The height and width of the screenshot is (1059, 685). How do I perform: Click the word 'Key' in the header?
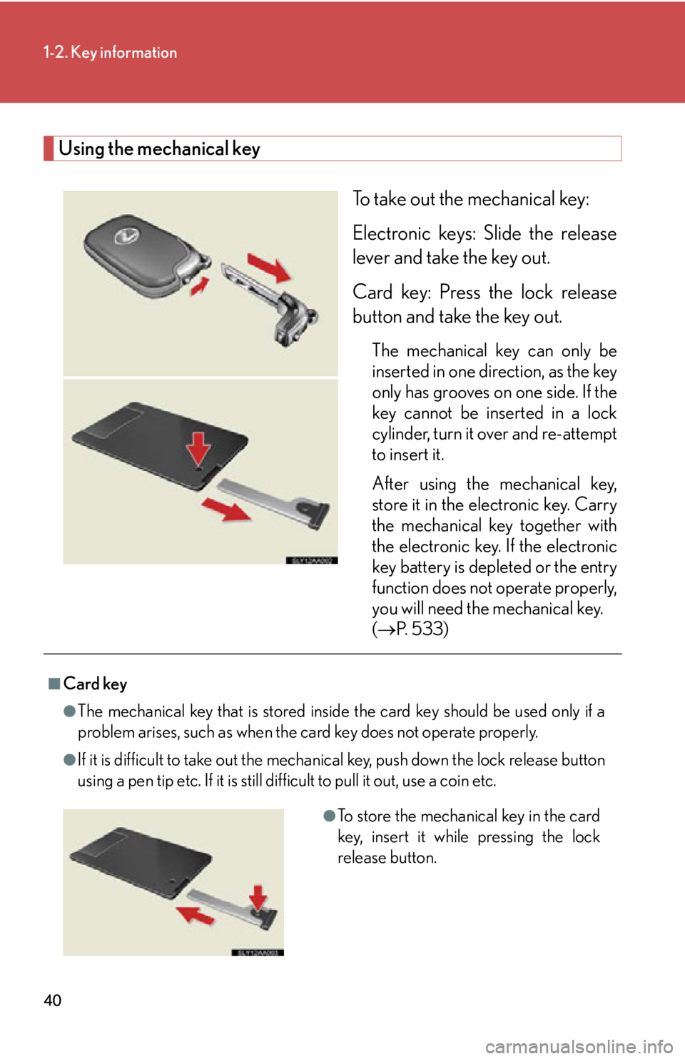(x=83, y=53)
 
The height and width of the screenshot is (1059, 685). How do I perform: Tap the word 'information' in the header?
(x=138, y=53)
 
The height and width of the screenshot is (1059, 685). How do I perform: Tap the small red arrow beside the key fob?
(x=201, y=287)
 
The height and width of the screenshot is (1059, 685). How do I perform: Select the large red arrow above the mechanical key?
(x=269, y=266)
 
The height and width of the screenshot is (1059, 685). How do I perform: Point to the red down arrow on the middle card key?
(x=198, y=449)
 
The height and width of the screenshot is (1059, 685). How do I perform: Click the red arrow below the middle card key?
(x=225, y=509)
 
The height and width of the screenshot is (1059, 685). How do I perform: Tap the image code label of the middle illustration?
(x=312, y=561)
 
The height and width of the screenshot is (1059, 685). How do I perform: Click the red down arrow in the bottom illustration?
(x=258, y=898)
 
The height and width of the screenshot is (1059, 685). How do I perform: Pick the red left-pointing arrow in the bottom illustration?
(x=195, y=915)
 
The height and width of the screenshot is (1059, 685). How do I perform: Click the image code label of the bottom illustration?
(x=258, y=953)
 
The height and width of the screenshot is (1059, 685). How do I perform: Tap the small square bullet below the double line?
(x=54, y=684)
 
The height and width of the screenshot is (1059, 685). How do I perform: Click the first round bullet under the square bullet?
(x=69, y=711)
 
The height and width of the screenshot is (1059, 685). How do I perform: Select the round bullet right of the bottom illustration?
(x=329, y=816)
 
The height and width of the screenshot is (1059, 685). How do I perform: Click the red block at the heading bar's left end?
(x=49, y=148)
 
